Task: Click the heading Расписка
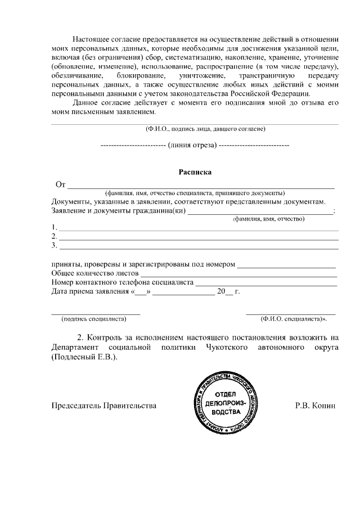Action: [195, 173]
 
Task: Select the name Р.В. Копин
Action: [315, 405]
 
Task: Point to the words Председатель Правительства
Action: [103, 405]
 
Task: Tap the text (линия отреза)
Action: [195, 145]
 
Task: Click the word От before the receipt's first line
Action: [61, 184]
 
